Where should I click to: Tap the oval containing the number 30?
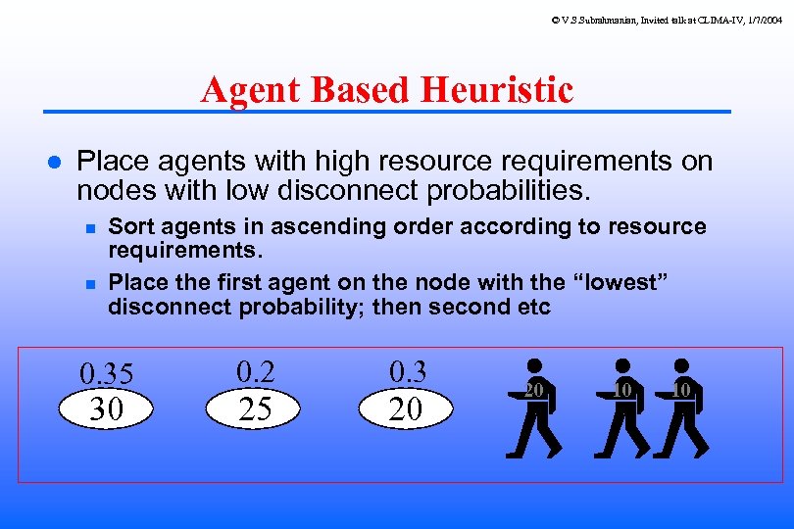click(x=106, y=409)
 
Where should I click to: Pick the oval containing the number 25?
click(x=255, y=409)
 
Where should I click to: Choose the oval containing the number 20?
click(x=405, y=409)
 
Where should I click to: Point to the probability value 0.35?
click(x=106, y=374)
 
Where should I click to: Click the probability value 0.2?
click(x=255, y=371)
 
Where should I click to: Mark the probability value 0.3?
click(x=408, y=371)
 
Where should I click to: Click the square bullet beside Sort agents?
click(x=89, y=228)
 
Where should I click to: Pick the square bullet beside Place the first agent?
click(x=89, y=284)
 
